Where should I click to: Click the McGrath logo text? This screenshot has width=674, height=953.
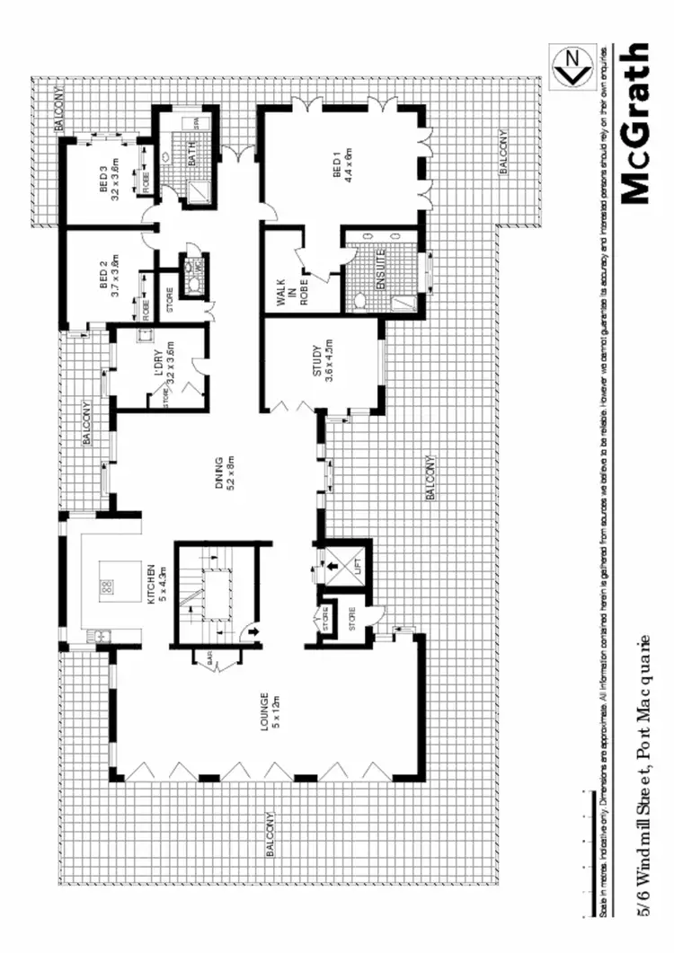point(634,124)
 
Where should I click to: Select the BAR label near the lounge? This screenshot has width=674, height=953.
point(211,660)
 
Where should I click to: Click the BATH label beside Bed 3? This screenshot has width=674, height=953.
point(190,157)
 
